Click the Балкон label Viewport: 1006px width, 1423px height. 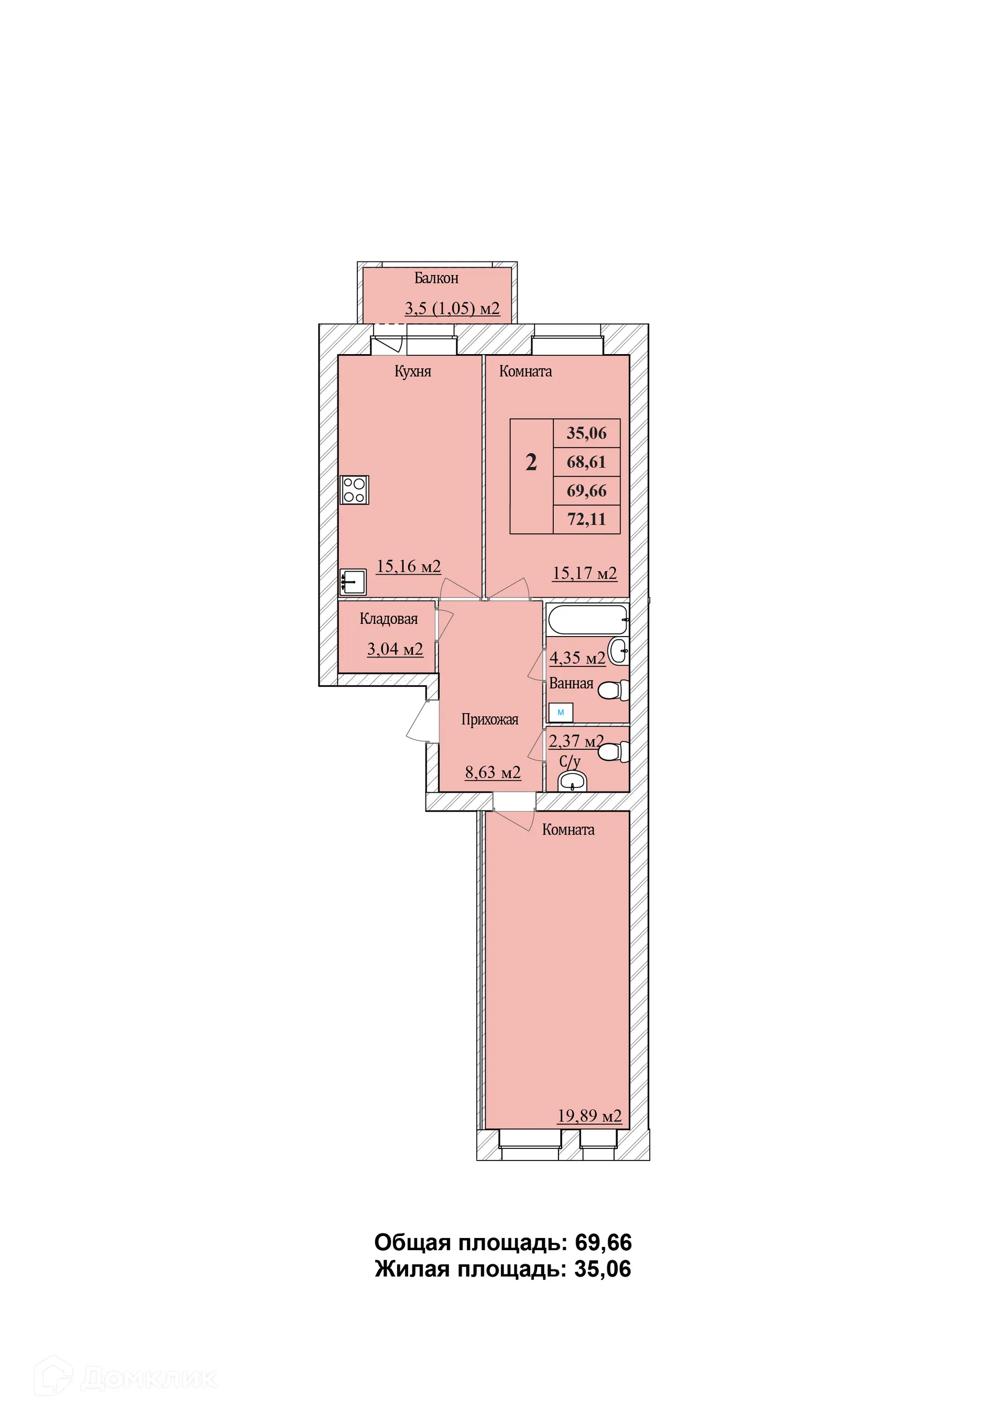click(x=436, y=278)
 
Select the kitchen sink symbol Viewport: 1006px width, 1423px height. click(x=353, y=582)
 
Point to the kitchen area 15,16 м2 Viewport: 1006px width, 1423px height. click(x=409, y=566)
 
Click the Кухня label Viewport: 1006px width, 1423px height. click(x=413, y=371)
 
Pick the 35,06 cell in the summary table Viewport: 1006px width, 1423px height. click(x=586, y=433)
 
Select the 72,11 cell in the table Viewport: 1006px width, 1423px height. click(x=586, y=519)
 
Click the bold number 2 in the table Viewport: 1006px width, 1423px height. click(x=531, y=462)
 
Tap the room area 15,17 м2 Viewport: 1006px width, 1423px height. click(x=585, y=573)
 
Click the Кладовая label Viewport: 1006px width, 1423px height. click(x=389, y=619)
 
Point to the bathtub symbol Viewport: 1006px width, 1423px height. click(x=587, y=620)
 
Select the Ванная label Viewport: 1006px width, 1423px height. click(x=571, y=684)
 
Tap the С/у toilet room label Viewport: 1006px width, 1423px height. click(x=570, y=761)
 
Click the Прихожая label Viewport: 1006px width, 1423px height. click(x=490, y=719)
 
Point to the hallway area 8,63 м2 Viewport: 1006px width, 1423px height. click(x=493, y=772)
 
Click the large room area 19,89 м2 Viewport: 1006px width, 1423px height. click(x=589, y=1116)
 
